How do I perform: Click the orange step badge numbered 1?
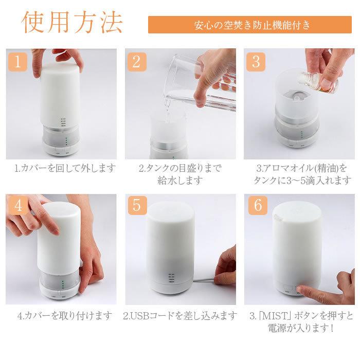pyautogui.click(x=17, y=62)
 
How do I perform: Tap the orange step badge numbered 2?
pyautogui.click(x=137, y=62)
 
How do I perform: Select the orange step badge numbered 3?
pyautogui.click(x=256, y=62)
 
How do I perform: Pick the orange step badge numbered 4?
pyautogui.click(x=17, y=205)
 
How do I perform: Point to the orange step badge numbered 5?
pyautogui.click(x=137, y=205)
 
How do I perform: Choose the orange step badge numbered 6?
pyautogui.click(x=258, y=205)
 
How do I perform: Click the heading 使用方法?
pyautogui.click(x=72, y=22)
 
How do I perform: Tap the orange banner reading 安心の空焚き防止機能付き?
pyautogui.click(x=250, y=25)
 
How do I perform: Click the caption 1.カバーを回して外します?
pyautogui.click(x=65, y=168)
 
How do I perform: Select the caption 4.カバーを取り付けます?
pyautogui.click(x=65, y=316)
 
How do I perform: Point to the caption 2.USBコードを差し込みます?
pyautogui.click(x=180, y=316)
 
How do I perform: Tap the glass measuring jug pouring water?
pyautogui.click(x=202, y=83)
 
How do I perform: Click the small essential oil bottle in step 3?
pyautogui.click(x=318, y=82)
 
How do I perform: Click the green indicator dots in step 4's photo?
pyautogui.click(x=63, y=284)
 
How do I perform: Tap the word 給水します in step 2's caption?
pyautogui.click(x=180, y=181)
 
